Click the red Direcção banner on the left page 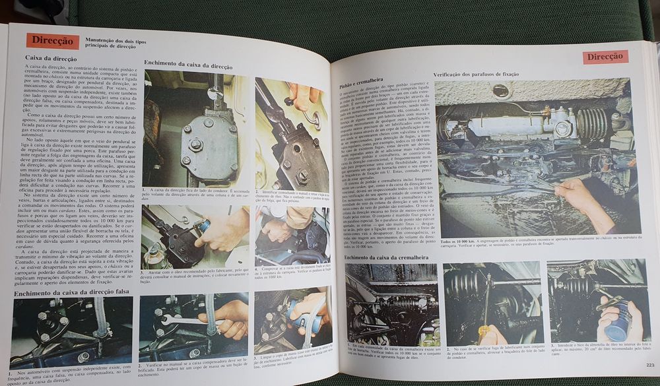(x=53, y=40)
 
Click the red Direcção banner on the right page (x=605, y=57)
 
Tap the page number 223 (x=649, y=365)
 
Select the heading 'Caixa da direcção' (x=51, y=58)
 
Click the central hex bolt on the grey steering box (x=196, y=144)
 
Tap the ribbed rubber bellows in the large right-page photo (x=591, y=122)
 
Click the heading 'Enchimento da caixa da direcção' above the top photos (x=188, y=63)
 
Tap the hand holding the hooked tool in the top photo (x=304, y=96)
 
